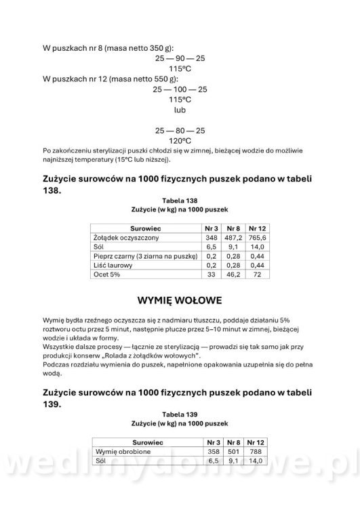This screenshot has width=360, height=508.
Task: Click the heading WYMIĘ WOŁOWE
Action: pyautogui.click(x=180, y=299)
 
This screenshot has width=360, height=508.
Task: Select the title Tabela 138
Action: pyautogui.click(x=180, y=200)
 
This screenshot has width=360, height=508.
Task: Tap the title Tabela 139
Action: pyautogui.click(x=180, y=412)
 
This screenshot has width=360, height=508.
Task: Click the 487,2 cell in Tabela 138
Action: pyautogui.click(x=234, y=239)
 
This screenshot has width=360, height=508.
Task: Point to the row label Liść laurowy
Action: pyautogui.click(x=110, y=266)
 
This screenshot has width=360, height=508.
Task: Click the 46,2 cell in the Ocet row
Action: pyautogui.click(x=234, y=276)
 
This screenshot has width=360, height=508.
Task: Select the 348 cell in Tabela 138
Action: pyautogui.click(x=211, y=239)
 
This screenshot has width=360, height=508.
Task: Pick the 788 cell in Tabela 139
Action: pyautogui.click(x=257, y=451)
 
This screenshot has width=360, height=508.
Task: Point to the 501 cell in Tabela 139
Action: pyautogui.click(x=234, y=451)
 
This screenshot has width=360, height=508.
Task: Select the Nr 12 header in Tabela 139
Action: pyautogui.click(x=257, y=442)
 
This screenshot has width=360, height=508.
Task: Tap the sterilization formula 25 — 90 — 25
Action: pyautogui.click(x=180, y=59)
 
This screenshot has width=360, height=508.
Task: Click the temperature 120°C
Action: pyautogui.click(x=180, y=140)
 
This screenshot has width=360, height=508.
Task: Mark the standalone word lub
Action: pyautogui.click(x=180, y=109)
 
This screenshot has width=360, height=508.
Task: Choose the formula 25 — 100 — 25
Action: pyautogui.click(x=180, y=89)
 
